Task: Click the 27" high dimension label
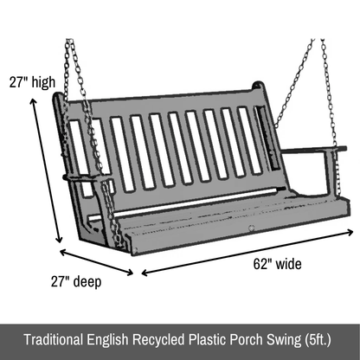tap(32, 82)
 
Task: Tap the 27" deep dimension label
tap(76, 281)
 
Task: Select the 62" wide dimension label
tap(277, 264)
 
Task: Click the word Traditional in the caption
tap(54, 339)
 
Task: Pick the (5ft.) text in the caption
tap(318, 340)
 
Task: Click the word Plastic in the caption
tap(207, 339)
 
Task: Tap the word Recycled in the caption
tap(158, 340)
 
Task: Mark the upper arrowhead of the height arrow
tap(33, 101)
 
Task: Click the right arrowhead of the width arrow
tap(350, 232)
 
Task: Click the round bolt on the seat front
tap(252, 228)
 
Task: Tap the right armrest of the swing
tap(314, 150)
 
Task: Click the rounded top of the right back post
tap(258, 86)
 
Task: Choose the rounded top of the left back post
tap(58, 97)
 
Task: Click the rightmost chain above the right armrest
tap(330, 93)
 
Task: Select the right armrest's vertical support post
tap(330, 173)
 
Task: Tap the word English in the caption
tap(107, 340)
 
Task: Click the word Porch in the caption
tap(246, 339)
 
